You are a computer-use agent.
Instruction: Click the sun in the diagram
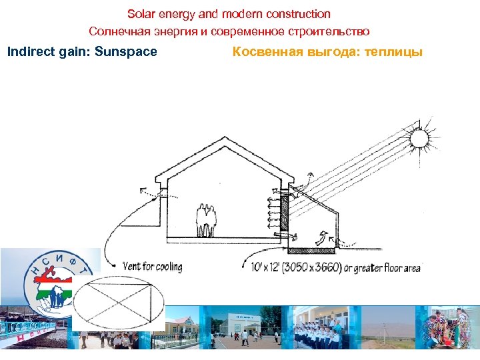pyautogui.click(x=419, y=138)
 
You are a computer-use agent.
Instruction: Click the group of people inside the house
pyautogui.click(x=207, y=220)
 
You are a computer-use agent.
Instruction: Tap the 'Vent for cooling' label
pyautogui.click(x=152, y=267)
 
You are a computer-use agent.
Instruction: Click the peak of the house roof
pyautogui.click(x=224, y=139)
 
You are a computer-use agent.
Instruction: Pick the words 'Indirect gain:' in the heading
pyautogui.click(x=49, y=51)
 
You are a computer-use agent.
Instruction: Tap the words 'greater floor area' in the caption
pyautogui.click(x=389, y=268)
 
